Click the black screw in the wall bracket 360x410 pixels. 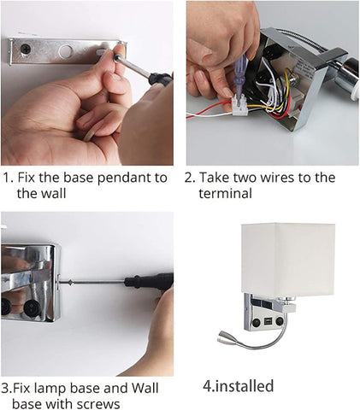pyautogui.click(x=26, y=49)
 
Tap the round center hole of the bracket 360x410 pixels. pyautogui.click(x=66, y=51)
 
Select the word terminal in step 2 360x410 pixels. pyautogui.click(x=225, y=194)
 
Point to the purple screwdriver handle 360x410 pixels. pyautogui.click(x=239, y=73)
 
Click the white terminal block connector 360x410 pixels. pyautogui.click(x=239, y=106)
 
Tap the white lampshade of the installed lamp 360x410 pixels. pyautogui.click(x=288, y=258)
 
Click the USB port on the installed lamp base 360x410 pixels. pyautogui.click(x=268, y=321)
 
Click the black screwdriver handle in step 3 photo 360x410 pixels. pyautogui.click(x=149, y=280)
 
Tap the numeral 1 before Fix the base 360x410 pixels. pyautogui.click(x=7, y=178)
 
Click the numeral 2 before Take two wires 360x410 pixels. pyautogui.click(x=189, y=178)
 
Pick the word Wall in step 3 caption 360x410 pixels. pyautogui.click(x=145, y=388)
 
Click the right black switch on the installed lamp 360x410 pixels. pyautogui.click(x=280, y=321)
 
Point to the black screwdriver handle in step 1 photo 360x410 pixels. pyautogui.click(x=160, y=79)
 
